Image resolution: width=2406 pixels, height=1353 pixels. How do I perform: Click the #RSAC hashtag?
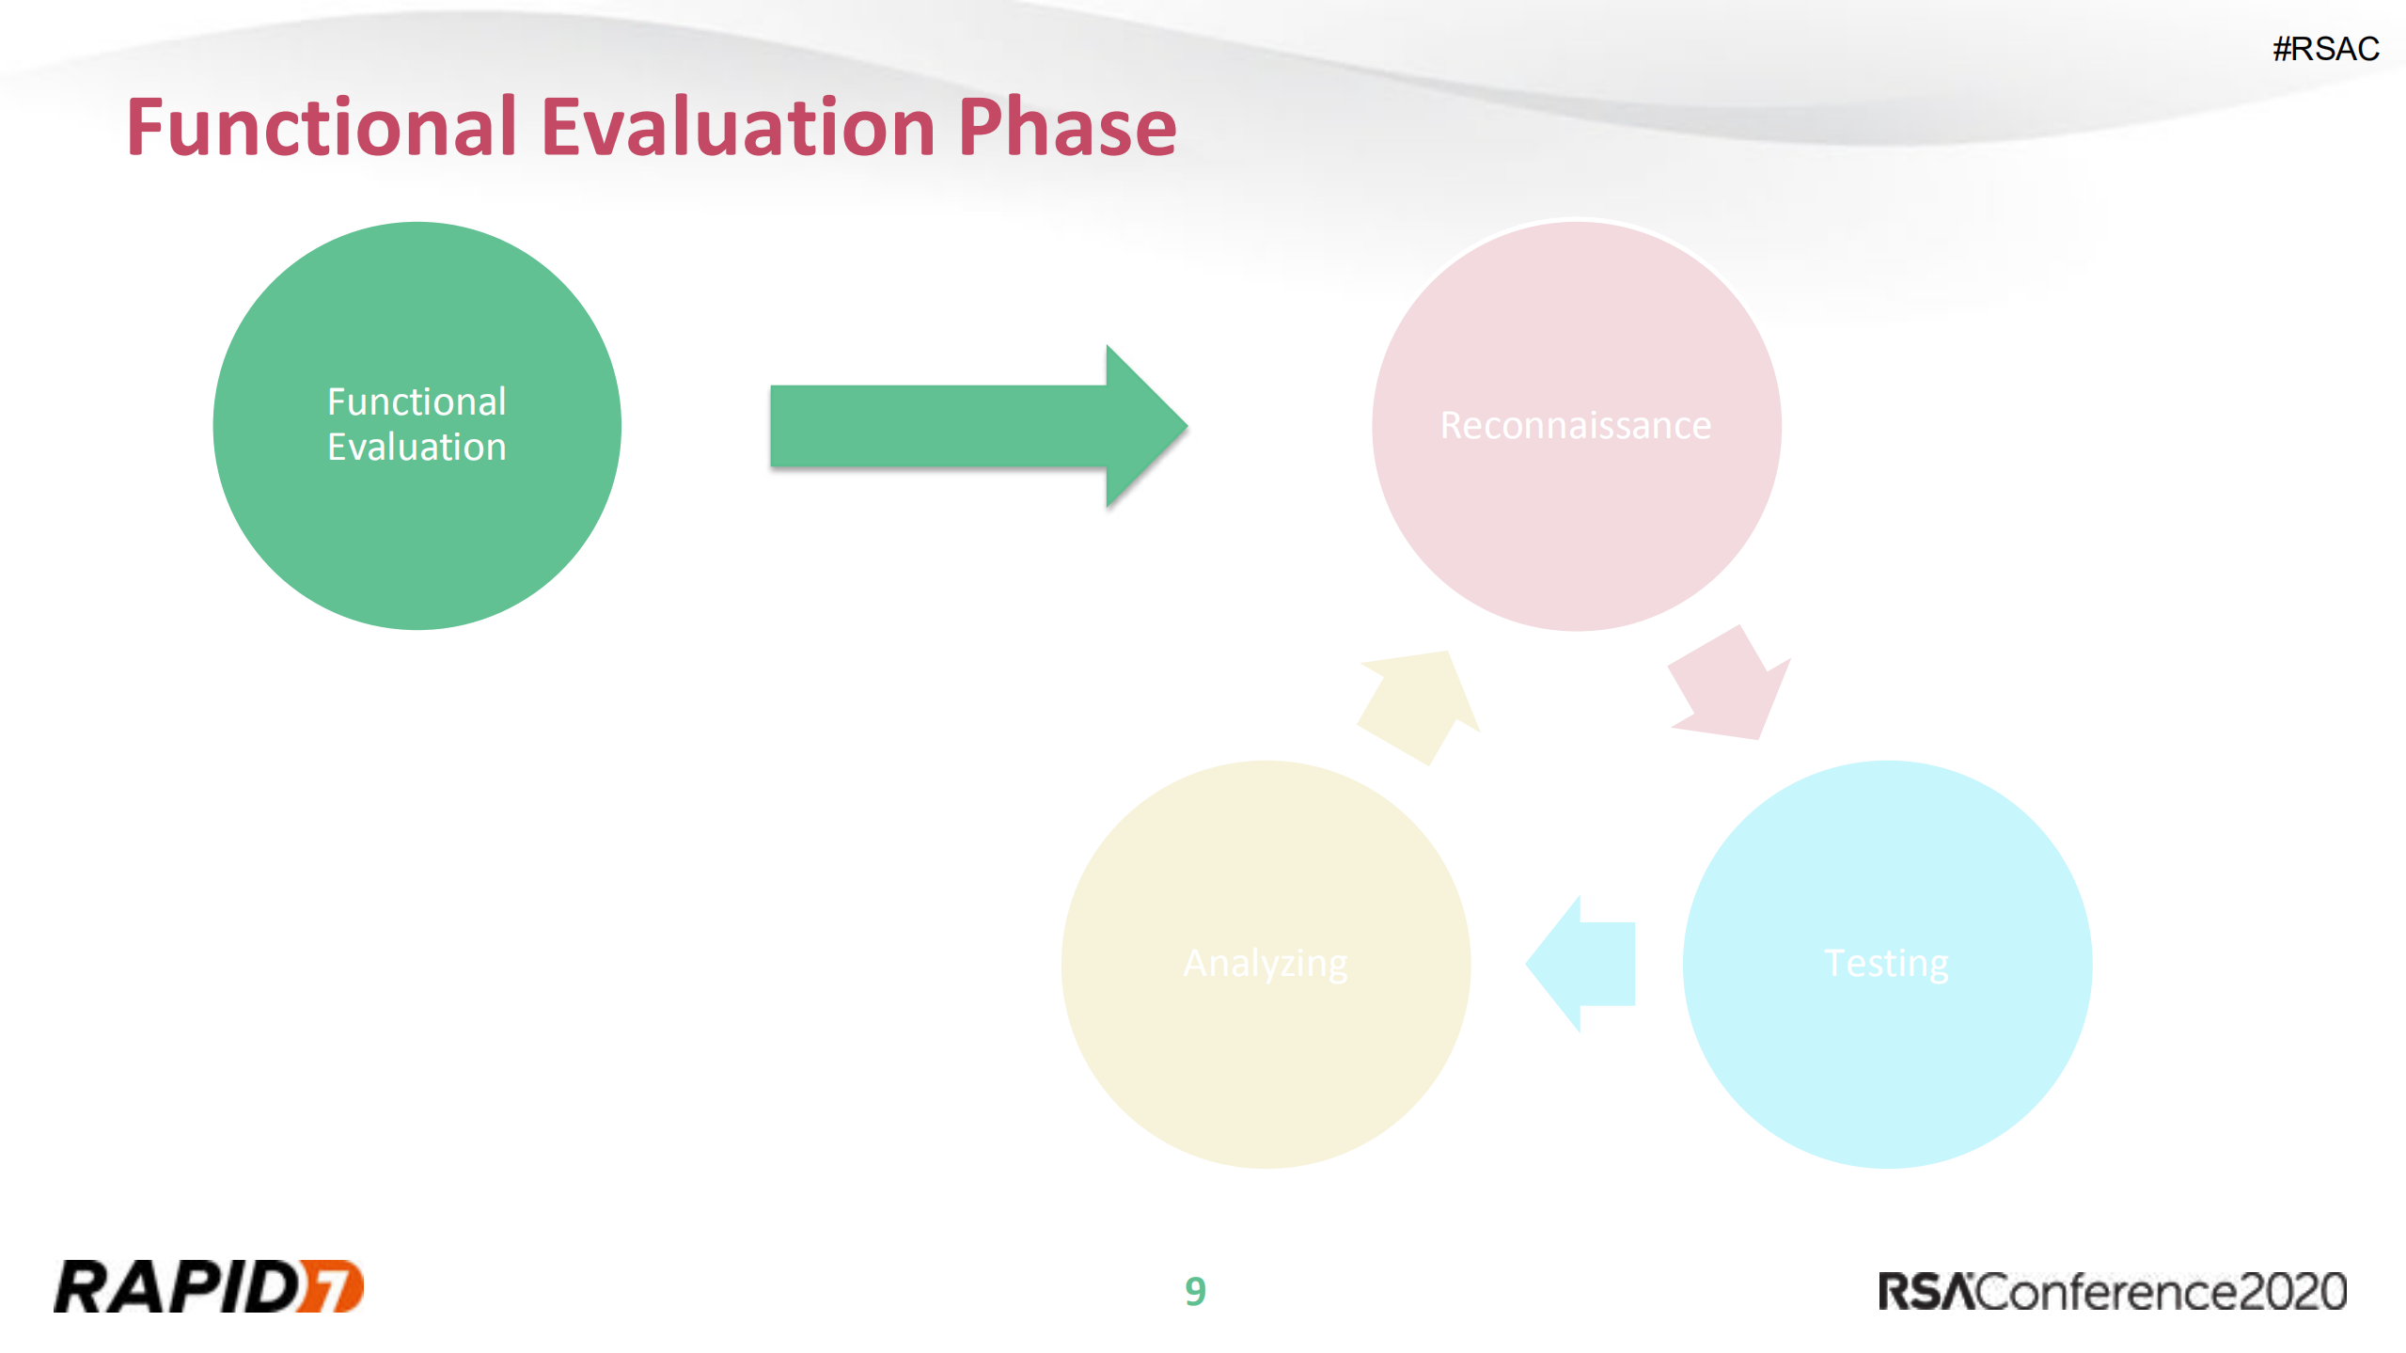[x=2326, y=48]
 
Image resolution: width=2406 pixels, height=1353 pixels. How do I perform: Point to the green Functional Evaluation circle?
[x=417, y=426]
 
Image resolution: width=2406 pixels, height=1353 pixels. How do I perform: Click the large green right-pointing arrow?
[x=979, y=426]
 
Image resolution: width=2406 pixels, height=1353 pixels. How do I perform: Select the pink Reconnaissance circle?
[x=1577, y=426]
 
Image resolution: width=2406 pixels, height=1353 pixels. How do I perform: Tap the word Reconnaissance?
[x=1576, y=426]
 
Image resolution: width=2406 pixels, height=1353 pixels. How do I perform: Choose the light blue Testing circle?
[x=1887, y=965]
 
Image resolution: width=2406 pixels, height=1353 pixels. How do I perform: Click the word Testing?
[x=1886, y=965]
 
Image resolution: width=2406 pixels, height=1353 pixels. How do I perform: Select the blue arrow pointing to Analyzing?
[x=1580, y=965]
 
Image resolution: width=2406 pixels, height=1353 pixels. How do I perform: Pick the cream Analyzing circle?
[x=1266, y=965]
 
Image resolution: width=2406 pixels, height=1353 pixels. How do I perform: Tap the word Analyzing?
[x=1266, y=965]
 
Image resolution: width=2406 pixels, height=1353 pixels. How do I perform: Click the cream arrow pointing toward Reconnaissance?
[x=1419, y=707]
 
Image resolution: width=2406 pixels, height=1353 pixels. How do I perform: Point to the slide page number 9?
[x=1195, y=1292]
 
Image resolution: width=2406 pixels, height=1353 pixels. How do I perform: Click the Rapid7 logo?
[x=209, y=1286]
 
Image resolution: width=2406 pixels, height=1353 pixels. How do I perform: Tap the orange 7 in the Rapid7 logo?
[x=331, y=1286]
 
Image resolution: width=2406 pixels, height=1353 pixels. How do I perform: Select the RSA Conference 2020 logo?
[x=2113, y=1292]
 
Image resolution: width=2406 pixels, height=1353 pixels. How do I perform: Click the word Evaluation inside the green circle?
[x=417, y=448]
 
